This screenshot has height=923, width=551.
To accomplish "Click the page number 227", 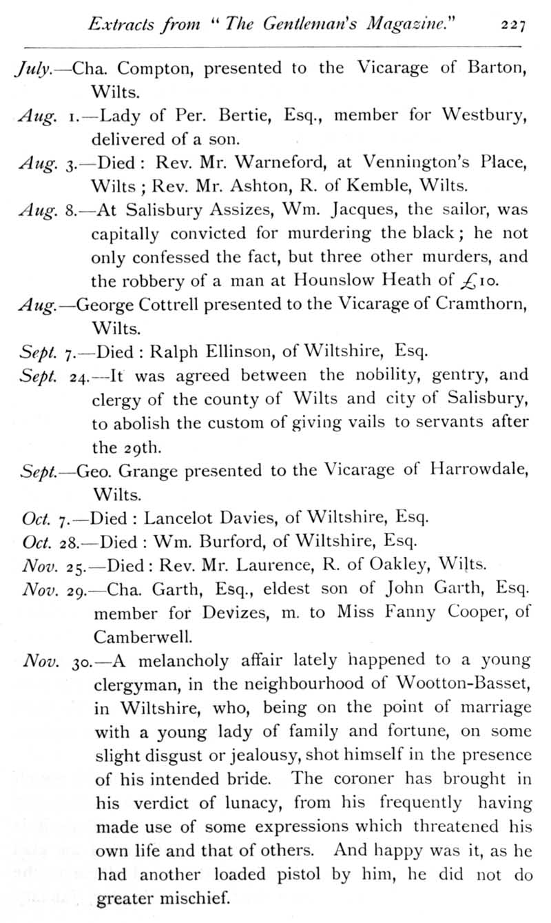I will pyautogui.click(x=513, y=26).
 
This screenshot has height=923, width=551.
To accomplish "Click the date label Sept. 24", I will pyautogui.click(x=52, y=377).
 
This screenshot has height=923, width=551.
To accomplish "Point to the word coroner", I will pyautogui.click(x=368, y=779).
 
